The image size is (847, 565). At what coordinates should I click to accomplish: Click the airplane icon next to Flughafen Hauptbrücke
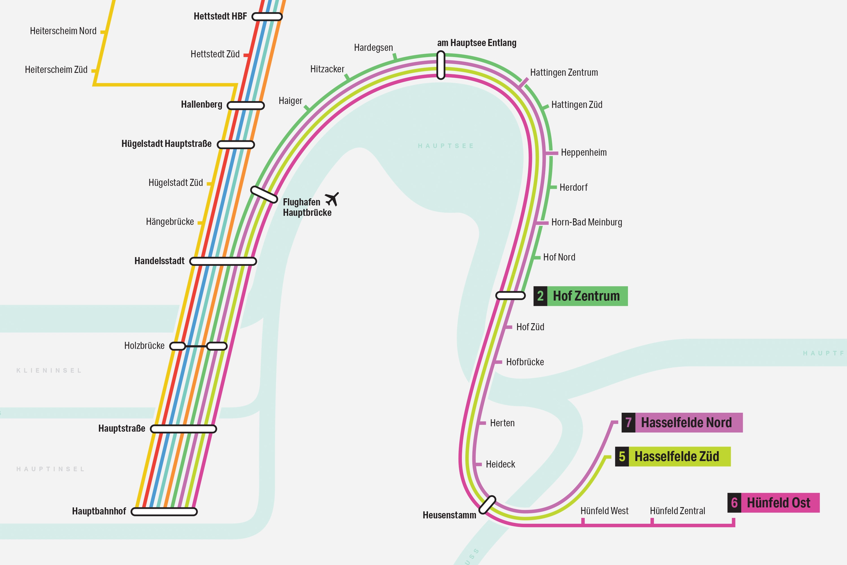(x=332, y=199)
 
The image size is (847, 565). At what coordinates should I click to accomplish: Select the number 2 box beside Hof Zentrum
(x=540, y=296)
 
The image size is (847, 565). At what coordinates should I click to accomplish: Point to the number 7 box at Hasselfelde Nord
(x=628, y=422)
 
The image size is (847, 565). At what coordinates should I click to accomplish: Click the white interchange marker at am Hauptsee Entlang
(x=441, y=65)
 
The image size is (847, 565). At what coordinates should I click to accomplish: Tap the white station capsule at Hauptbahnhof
(x=164, y=512)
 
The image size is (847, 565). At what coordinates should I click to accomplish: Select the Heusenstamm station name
(x=449, y=515)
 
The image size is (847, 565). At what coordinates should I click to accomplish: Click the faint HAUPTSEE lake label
(x=446, y=146)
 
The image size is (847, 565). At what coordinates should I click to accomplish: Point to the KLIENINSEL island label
(x=49, y=370)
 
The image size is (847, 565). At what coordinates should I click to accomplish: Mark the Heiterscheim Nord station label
(x=63, y=31)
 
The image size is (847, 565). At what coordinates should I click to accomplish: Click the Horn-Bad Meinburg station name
(x=586, y=222)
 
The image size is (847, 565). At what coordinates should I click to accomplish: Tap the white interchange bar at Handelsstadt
(x=223, y=261)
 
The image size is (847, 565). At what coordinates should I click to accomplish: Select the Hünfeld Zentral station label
(x=677, y=511)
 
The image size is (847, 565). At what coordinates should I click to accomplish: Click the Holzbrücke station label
(x=144, y=346)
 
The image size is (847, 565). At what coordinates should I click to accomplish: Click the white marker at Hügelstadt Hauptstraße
(x=236, y=144)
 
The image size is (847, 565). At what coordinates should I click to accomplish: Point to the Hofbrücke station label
(x=525, y=362)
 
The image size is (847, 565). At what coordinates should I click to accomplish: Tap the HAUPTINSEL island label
(x=51, y=469)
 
